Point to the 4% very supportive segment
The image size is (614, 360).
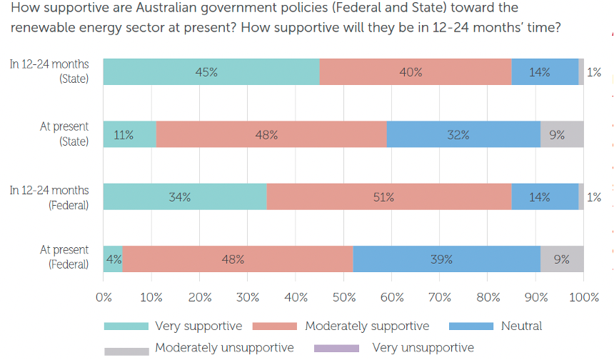click(113, 259)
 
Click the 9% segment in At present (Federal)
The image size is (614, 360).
click(562, 259)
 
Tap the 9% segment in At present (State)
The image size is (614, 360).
click(562, 134)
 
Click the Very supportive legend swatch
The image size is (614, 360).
click(126, 326)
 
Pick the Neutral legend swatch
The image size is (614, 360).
click(471, 326)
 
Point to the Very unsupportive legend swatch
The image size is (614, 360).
click(336, 348)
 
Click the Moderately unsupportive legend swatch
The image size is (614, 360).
click(126, 349)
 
